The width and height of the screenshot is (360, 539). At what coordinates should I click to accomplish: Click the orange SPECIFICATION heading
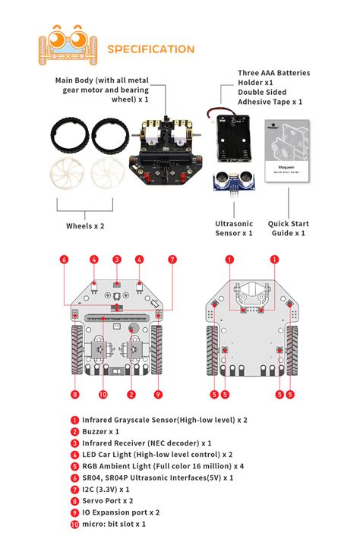pos(150,49)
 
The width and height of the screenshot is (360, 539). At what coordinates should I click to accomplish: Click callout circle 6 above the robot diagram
pos(65,260)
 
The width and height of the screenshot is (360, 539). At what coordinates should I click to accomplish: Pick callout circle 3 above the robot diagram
pos(117,260)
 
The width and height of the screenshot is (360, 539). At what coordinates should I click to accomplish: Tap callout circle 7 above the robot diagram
pos(172,260)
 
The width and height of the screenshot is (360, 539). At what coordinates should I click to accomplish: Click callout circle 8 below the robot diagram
pos(74,394)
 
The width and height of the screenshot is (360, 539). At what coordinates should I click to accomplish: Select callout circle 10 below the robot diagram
pos(103,394)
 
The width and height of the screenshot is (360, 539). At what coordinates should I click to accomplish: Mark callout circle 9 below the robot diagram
pos(158,394)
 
